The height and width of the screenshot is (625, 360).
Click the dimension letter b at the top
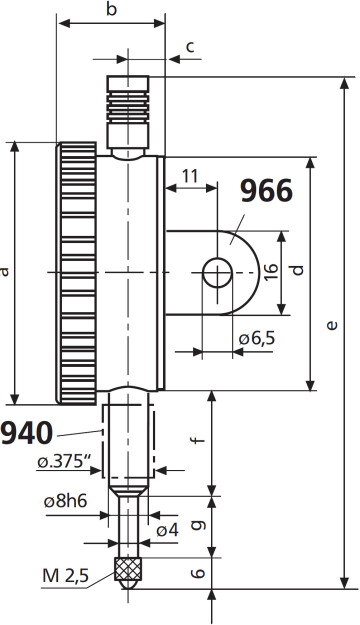pyautogui.click(x=112, y=9)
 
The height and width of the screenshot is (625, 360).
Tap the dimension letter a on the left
pyautogui.click(x=6, y=271)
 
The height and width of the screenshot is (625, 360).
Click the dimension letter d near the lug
pyautogui.click(x=296, y=270)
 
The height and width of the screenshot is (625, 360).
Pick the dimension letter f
pyautogui.click(x=199, y=436)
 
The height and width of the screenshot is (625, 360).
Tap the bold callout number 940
pyautogui.click(x=27, y=433)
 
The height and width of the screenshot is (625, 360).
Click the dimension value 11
pyautogui.click(x=188, y=175)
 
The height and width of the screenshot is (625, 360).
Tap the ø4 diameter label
pyautogui.click(x=167, y=529)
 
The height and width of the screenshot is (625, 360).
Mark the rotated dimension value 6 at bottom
pyautogui.click(x=198, y=573)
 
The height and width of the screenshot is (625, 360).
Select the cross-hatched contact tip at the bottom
pyautogui.click(x=127, y=570)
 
